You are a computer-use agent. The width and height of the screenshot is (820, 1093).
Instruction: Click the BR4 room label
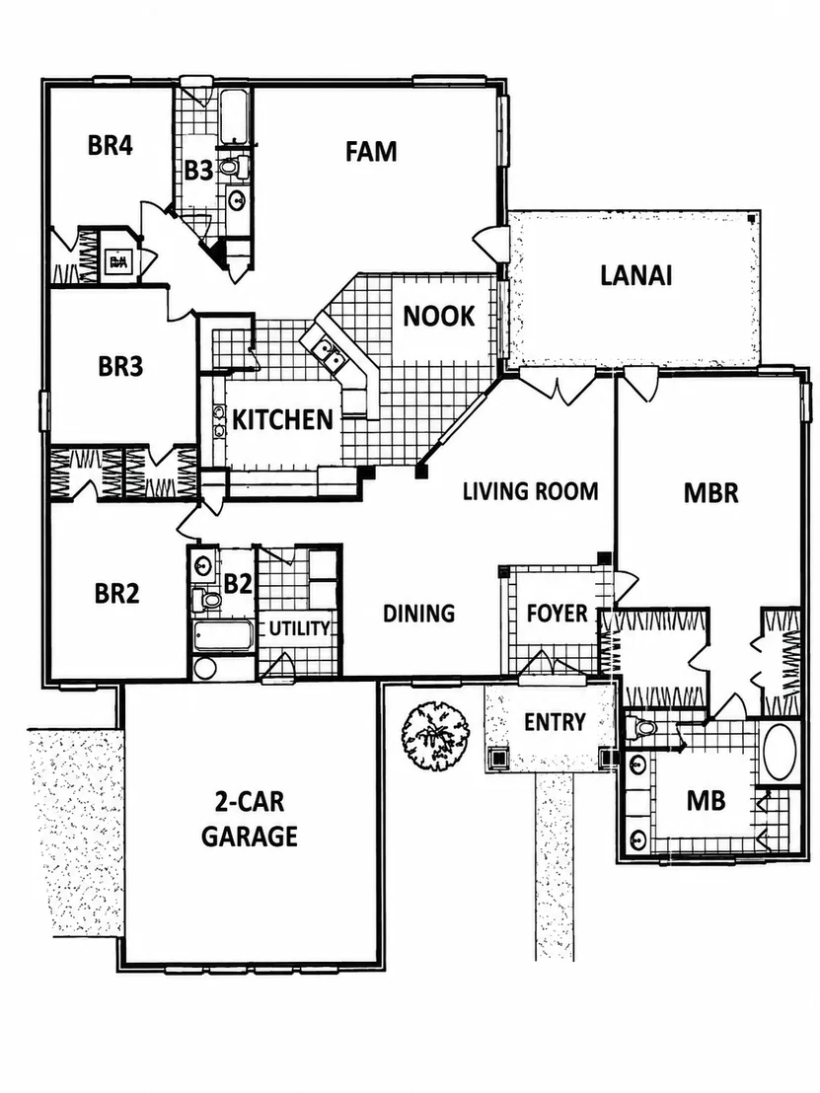click(111, 146)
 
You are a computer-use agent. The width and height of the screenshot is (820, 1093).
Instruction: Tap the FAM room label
click(371, 151)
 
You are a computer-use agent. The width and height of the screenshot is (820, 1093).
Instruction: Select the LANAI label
click(635, 275)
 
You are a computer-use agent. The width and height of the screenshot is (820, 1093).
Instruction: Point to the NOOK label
click(438, 317)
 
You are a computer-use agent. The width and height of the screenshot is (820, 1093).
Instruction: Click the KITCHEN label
click(282, 419)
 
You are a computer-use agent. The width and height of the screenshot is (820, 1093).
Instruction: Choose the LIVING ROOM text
click(531, 491)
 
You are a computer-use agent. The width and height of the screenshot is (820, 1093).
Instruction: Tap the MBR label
click(710, 493)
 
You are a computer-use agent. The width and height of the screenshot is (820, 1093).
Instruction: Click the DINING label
click(419, 614)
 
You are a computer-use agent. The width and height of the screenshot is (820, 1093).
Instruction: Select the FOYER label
click(558, 614)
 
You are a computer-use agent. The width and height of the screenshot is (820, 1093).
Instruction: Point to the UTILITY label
click(299, 628)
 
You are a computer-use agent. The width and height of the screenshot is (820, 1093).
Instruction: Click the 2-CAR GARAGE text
click(250, 819)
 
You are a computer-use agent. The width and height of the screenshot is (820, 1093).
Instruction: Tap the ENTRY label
click(555, 722)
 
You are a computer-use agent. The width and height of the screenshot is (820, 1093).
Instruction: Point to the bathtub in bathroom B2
click(222, 635)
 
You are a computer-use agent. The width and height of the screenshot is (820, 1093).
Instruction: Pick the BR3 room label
click(120, 366)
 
